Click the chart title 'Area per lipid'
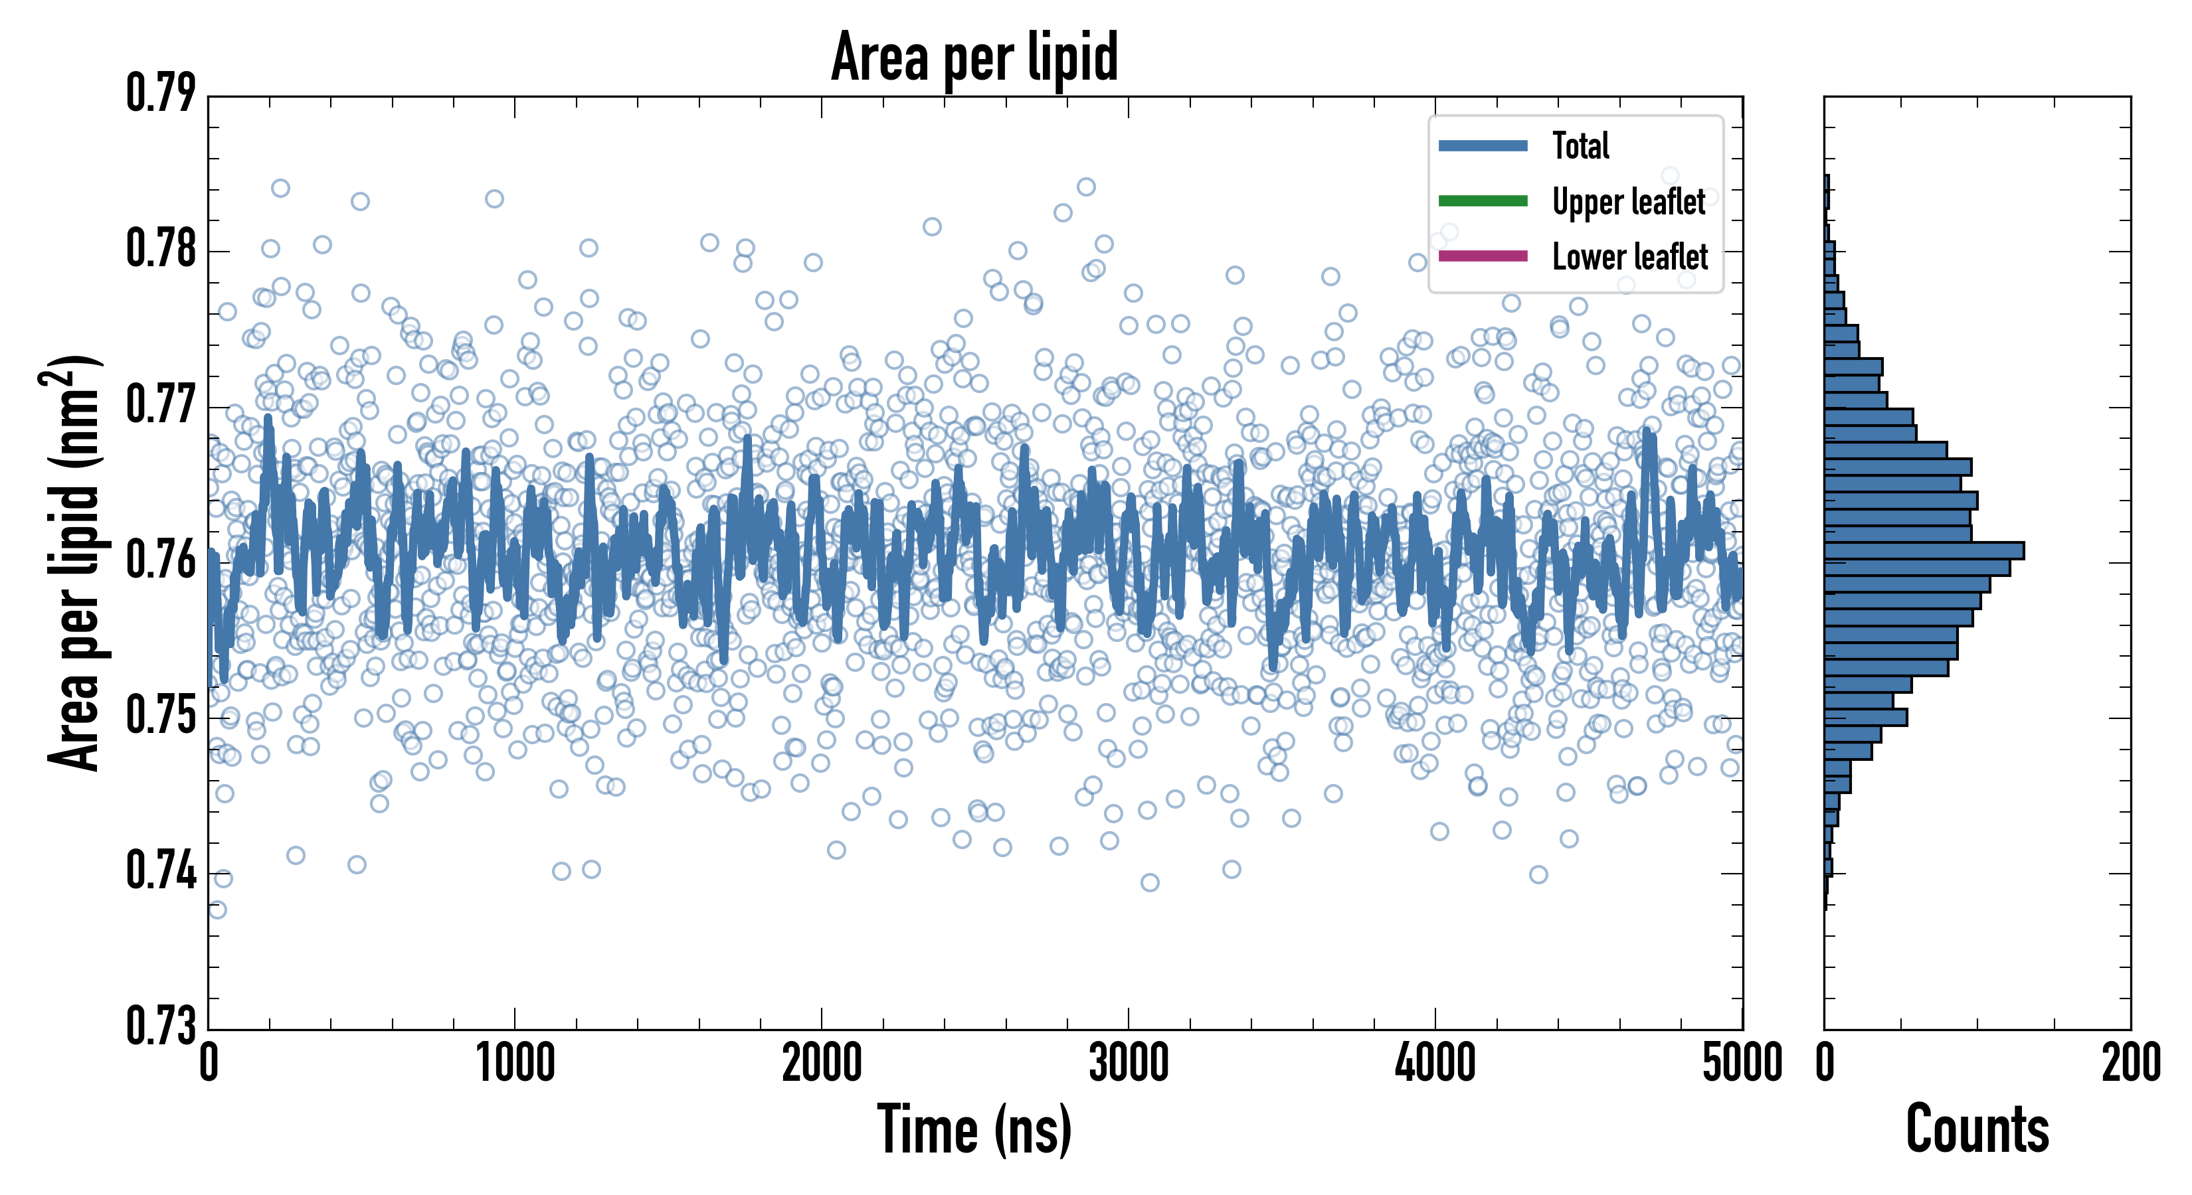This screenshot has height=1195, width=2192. (x=974, y=57)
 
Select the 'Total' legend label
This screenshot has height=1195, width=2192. (x=1580, y=145)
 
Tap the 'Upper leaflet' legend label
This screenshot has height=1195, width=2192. (x=1629, y=202)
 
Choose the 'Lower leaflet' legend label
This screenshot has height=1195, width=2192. (x=1629, y=256)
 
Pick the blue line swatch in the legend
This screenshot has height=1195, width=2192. (x=1483, y=145)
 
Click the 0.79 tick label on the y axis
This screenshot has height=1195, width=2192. (x=161, y=94)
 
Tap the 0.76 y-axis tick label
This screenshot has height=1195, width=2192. (x=161, y=560)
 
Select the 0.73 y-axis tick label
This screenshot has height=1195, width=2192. (x=161, y=1025)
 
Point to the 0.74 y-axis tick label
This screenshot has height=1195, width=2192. (x=161, y=870)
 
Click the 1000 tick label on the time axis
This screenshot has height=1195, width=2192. (x=515, y=1063)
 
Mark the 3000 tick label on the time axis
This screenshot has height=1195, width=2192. (x=1129, y=1063)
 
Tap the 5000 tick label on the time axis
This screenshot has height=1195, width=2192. (x=1742, y=1063)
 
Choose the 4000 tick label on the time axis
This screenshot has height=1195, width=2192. (x=1435, y=1063)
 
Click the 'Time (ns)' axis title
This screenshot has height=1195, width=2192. (x=974, y=1129)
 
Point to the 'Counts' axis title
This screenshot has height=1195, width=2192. (x=1977, y=1129)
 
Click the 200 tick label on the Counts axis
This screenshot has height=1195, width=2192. (x=2130, y=1063)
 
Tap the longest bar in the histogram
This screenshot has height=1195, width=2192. (x=1923, y=550)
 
